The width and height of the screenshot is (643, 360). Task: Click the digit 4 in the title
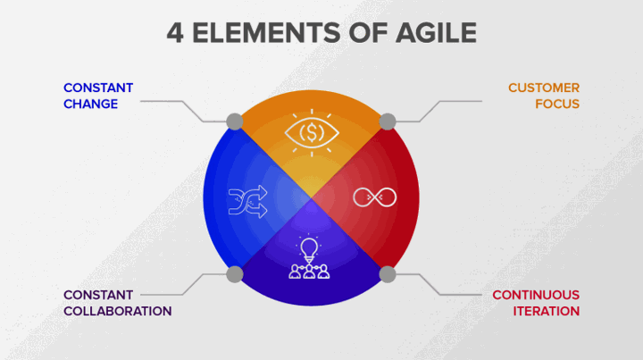point(175,33)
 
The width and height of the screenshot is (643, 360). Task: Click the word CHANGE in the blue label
point(90,105)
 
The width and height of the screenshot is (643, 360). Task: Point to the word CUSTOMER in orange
point(544,88)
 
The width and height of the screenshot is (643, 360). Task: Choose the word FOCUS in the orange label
point(557,105)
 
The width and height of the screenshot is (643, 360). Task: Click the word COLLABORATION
point(118,311)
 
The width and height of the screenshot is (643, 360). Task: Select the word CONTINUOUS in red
point(536,295)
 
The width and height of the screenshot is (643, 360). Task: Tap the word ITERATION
point(547,311)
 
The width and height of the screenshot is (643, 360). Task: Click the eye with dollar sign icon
point(312,133)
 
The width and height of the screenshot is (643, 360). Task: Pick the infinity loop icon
point(375,197)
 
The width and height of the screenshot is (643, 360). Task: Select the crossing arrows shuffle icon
point(247,201)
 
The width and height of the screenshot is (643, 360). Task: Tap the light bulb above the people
point(309,249)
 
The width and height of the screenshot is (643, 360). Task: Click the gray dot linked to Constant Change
point(235,121)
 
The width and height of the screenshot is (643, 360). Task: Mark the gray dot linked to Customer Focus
point(388,121)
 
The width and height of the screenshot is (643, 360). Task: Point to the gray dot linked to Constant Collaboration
point(235,274)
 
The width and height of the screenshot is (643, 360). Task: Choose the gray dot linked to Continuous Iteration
point(388,274)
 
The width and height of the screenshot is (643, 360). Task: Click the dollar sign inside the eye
point(312,133)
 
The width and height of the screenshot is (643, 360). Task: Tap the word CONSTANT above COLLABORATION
point(98,295)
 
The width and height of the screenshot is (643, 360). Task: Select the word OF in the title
point(368,33)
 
